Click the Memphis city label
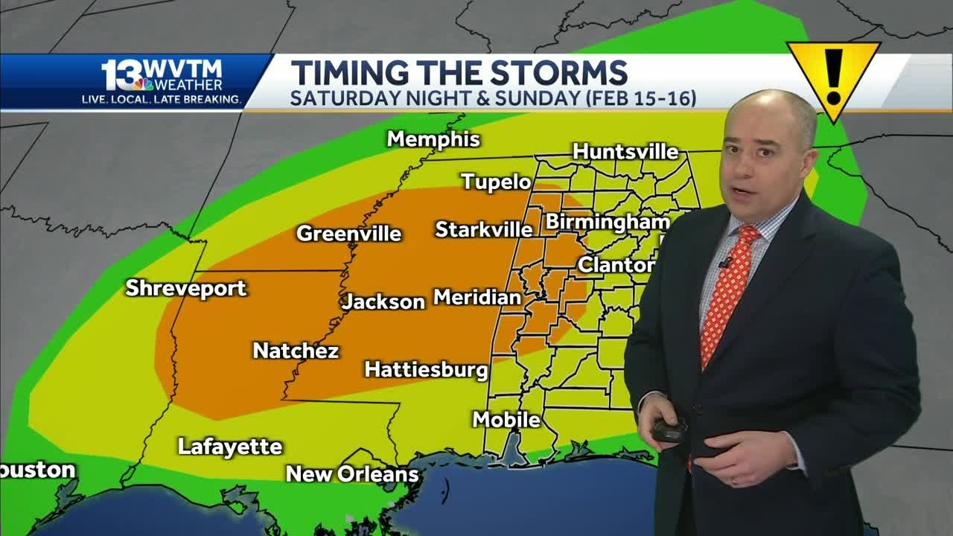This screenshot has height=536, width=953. (x=433, y=139)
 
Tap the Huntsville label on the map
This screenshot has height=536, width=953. (x=625, y=152)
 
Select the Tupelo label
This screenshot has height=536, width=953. (x=496, y=182)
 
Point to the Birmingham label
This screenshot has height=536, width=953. (x=608, y=222)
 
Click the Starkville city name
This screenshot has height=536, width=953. (x=484, y=229)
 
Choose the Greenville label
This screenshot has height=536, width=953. (x=348, y=234)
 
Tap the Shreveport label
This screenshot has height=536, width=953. (x=185, y=288)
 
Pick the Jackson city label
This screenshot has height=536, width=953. (x=383, y=301)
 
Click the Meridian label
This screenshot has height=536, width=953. (x=476, y=298)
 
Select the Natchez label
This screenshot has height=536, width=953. (x=296, y=351)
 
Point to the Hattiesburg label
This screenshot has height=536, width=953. (x=426, y=369)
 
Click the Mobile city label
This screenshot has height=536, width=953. (x=506, y=420)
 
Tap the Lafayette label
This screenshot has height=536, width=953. (x=230, y=447)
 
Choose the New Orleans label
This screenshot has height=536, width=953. (x=352, y=473)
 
